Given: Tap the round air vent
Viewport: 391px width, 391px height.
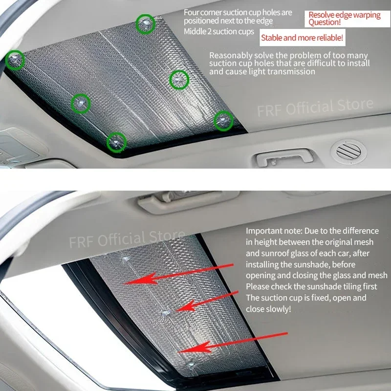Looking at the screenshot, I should point(348,150).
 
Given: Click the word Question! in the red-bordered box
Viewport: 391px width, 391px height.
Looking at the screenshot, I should point(325,22).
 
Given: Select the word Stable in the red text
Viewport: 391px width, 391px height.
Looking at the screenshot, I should point(272,37).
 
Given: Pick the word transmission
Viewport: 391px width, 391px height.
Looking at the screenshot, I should point(292,71).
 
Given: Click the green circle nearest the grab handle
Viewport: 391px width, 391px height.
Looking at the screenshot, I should point(223,119).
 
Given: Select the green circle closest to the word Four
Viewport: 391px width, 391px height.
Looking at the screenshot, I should point(145,24).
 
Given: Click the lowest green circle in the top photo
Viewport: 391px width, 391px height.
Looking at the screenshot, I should point(117,141).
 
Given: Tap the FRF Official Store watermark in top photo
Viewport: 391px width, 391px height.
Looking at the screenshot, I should point(315,107).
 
